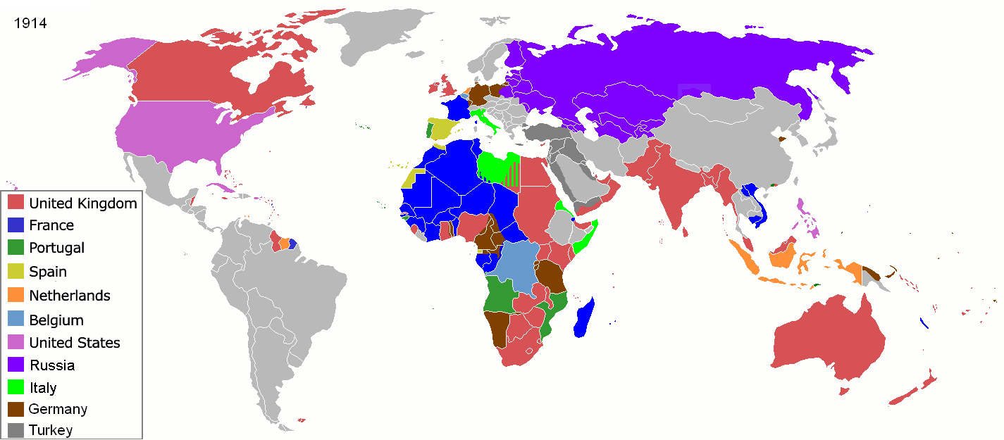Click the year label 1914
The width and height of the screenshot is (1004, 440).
pyautogui.click(x=30, y=23)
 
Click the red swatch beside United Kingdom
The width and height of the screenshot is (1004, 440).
pyautogui.click(x=16, y=203)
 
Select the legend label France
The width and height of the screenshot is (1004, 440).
pyautogui.click(x=51, y=225)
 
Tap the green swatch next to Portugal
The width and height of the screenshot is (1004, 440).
pyautogui.click(x=16, y=248)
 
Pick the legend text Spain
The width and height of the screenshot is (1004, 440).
pyautogui.click(x=48, y=271)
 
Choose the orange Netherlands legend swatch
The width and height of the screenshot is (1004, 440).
pyautogui.click(x=16, y=296)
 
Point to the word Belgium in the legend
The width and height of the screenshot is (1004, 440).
pyautogui.click(x=56, y=320)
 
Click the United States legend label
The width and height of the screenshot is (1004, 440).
pyautogui.click(x=75, y=343)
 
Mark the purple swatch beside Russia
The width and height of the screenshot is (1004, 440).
pyautogui.click(x=16, y=365)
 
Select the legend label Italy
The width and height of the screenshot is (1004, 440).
pyautogui.click(x=44, y=388)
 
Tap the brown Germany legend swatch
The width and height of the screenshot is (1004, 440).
pyautogui.click(x=16, y=409)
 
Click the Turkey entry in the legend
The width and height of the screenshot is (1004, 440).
pyautogui.click(x=51, y=429)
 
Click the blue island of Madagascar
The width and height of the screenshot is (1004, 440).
pyautogui.click(x=585, y=318)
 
